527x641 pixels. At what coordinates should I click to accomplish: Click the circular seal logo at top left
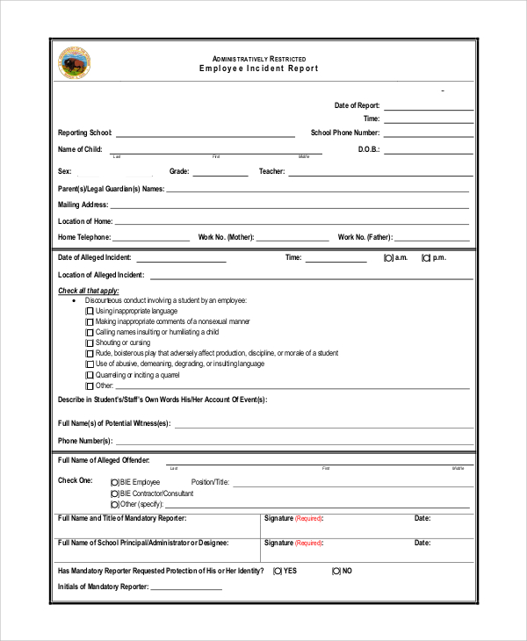pos(74,63)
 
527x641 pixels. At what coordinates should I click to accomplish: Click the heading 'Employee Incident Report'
pos(258,68)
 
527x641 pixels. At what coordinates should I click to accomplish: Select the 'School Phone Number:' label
pos(345,133)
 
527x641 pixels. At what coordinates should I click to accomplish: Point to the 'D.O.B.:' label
pos(368,150)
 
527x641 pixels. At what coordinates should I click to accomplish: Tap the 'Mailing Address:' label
pos(83,205)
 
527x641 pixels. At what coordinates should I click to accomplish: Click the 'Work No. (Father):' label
pos(365,237)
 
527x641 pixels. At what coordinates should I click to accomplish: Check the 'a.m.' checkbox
pos(388,258)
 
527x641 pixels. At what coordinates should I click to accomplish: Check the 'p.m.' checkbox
pos(426,258)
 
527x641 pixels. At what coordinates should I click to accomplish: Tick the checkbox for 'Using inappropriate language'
pos(90,311)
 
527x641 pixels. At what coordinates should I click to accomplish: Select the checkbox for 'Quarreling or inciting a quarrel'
pos(90,375)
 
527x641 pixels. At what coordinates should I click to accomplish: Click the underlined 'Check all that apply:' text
pos(88,291)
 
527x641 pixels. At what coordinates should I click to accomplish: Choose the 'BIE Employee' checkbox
pos(115,482)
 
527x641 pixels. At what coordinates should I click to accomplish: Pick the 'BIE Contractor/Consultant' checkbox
pos(115,493)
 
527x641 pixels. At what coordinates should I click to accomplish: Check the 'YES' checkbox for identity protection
pos(278,571)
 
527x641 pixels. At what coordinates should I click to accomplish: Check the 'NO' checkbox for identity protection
pos(336,571)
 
